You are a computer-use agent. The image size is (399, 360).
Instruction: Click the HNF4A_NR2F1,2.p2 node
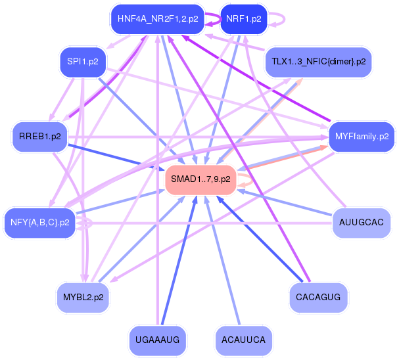[x=158, y=19]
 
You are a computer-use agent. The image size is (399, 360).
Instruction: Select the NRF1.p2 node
[x=243, y=19]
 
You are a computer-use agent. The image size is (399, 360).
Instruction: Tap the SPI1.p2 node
[x=82, y=62]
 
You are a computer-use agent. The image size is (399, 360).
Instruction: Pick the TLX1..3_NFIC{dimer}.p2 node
[x=318, y=62]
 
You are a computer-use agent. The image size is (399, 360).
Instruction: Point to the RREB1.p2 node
[x=39, y=137]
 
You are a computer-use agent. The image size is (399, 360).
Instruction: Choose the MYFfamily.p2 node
[x=362, y=137]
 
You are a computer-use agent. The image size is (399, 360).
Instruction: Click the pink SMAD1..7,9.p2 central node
[x=200, y=179]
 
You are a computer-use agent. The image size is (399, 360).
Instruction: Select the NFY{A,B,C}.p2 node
[x=39, y=222]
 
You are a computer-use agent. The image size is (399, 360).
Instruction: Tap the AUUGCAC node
[x=361, y=222]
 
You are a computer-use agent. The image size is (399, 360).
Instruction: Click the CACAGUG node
[x=318, y=297]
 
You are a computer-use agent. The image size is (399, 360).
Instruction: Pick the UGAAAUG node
[x=158, y=339]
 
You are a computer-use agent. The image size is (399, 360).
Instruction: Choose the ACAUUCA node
[x=243, y=339]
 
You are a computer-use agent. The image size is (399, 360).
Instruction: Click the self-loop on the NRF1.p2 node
[x=279, y=19]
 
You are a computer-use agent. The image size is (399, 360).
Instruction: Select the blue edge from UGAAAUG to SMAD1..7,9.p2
[x=177, y=263]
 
